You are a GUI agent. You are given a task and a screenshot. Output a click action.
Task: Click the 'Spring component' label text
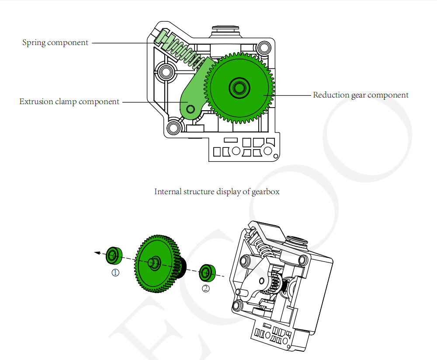coord(55,43)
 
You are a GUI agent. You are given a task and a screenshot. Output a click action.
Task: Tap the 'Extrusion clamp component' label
coord(69,102)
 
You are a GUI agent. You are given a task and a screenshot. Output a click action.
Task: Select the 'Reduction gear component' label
coord(361,95)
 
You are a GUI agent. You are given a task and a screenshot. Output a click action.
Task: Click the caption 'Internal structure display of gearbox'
coord(217,192)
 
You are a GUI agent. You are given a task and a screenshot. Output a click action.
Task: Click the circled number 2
coord(206,288)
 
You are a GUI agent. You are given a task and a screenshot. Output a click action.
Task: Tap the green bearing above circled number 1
coord(114,255)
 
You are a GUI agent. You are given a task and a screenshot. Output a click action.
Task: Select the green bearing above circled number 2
coord(206,273)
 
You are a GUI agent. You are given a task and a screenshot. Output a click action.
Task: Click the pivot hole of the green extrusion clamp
coord(190,107)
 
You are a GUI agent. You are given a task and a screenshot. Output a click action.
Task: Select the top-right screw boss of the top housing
coord(263,46)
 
